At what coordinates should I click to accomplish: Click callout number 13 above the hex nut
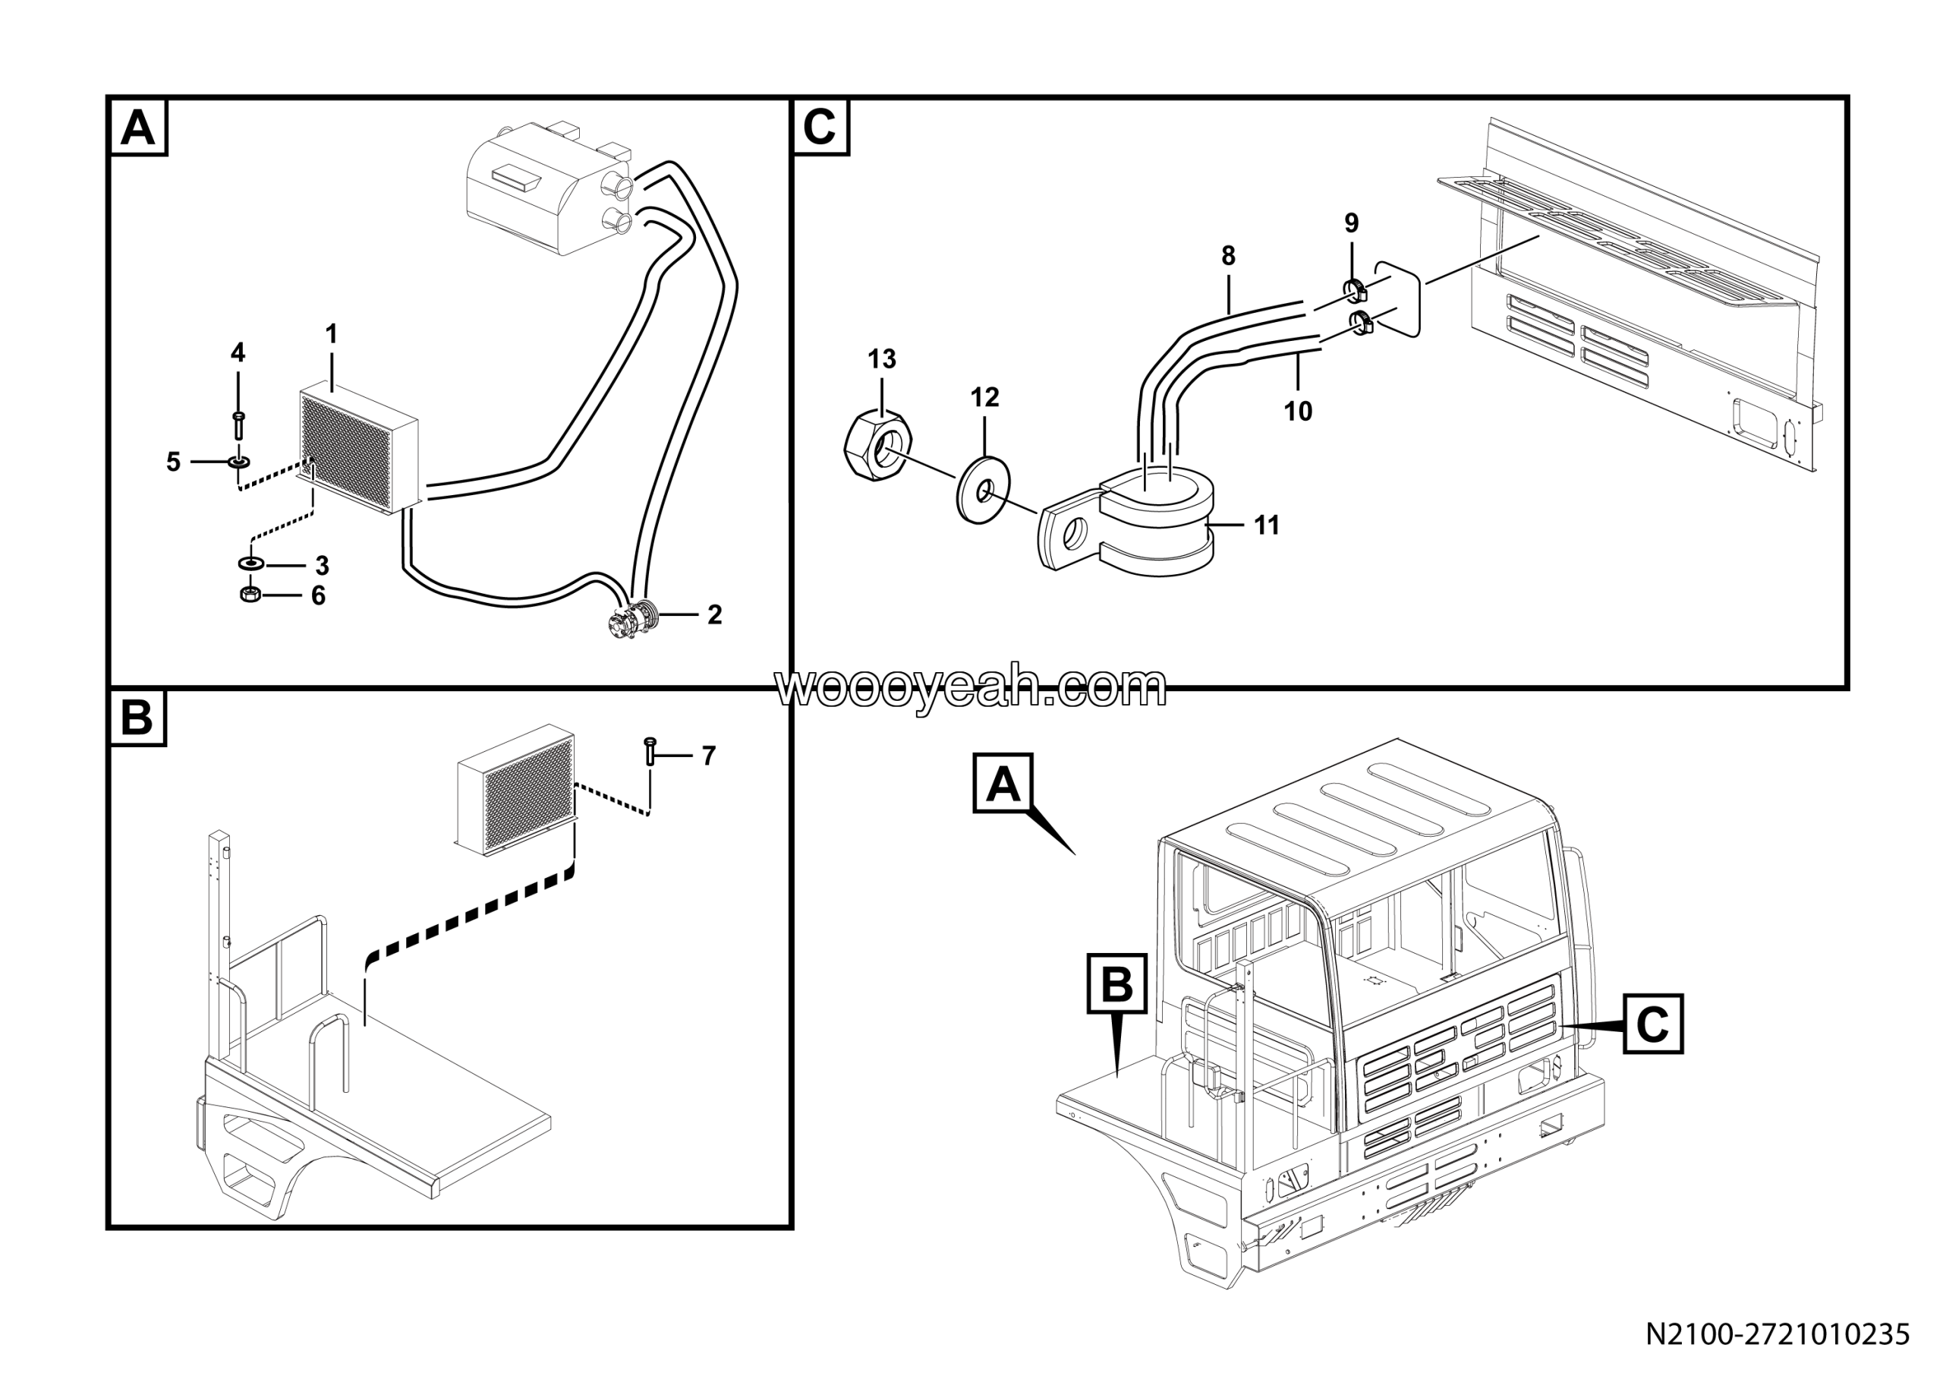click(881, 359)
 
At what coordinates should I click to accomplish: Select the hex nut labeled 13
click(879, 445)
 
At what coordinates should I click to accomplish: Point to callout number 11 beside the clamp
click(1266, 526)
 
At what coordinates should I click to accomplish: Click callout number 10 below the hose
click(1297, 412)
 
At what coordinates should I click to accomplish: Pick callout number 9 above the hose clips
click(1352, 223)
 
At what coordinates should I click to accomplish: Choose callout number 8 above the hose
click(1228, 255)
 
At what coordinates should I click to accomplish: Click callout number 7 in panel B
click(708, 755)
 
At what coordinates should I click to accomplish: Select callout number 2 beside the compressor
click(714, 615)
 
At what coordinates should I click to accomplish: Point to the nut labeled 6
click(250, 595)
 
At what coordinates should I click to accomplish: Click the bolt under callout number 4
click(238, 424)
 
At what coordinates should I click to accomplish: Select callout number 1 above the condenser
click(331, 334)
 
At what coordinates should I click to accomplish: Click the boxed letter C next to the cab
click(1652, 1024)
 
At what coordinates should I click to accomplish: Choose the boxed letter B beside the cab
click(1117, 983)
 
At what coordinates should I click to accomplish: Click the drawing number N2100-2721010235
click(1777, 1335)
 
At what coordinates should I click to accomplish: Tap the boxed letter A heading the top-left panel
click(138, 128)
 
